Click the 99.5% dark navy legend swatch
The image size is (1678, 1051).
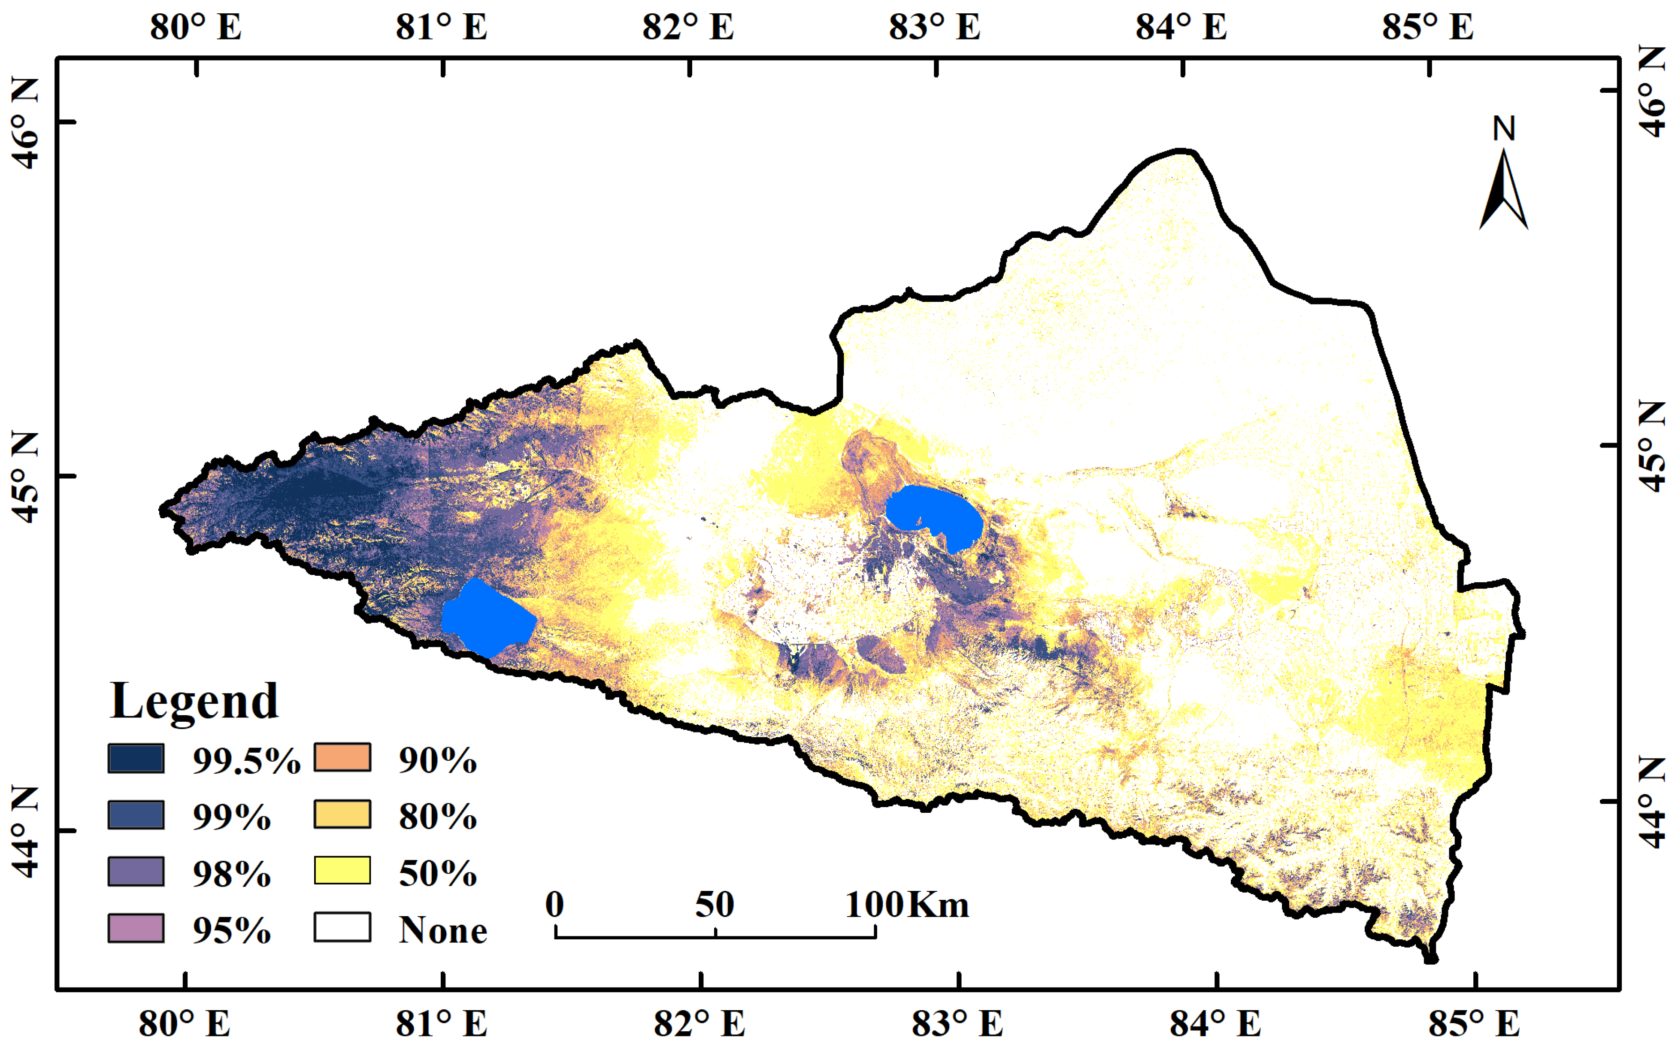[136, 758]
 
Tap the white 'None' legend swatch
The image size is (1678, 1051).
[342, 927]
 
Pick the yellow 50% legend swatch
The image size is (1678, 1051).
[342, 870]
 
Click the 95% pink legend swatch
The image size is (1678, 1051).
[136, 928]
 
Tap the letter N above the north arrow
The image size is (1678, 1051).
[1504, 129]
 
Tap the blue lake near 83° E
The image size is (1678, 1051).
[935, 514]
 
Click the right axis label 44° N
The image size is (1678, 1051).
[1652, 803]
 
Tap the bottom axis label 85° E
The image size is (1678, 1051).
[1474, 1023]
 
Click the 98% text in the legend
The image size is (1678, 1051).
[231, 873]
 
